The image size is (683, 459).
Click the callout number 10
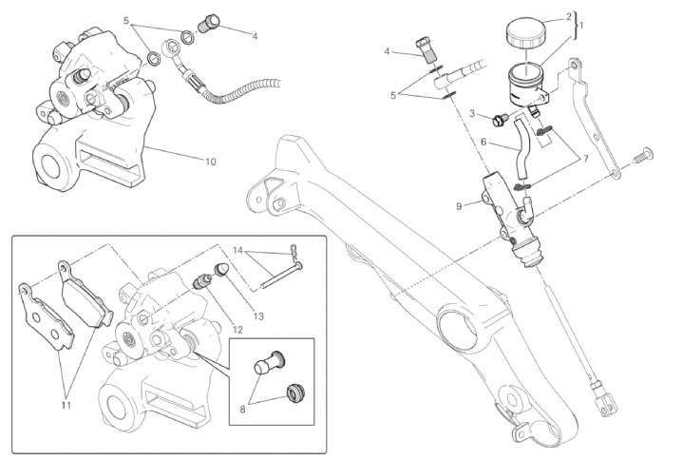coord(210,162)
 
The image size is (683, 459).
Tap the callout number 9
coord(459,206)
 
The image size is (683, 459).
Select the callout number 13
coord(258,316)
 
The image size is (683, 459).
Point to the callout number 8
coord(242,409)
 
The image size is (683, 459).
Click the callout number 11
coord(66,406)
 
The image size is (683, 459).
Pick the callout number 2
coord(568,17)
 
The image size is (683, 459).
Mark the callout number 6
coord(484,143)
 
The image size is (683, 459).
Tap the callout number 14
coord(237,251)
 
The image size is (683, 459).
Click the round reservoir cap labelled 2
coord(525,31)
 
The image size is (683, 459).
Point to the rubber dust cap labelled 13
coord(220,269)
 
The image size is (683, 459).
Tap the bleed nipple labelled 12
coord(200,279)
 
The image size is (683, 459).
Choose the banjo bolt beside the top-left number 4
coord(210,23)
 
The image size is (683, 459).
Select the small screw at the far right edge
coord(644,156)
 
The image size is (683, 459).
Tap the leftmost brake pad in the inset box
coord(47,316)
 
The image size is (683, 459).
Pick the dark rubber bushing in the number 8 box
coord(294,392)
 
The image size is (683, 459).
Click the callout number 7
coord(586,159)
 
